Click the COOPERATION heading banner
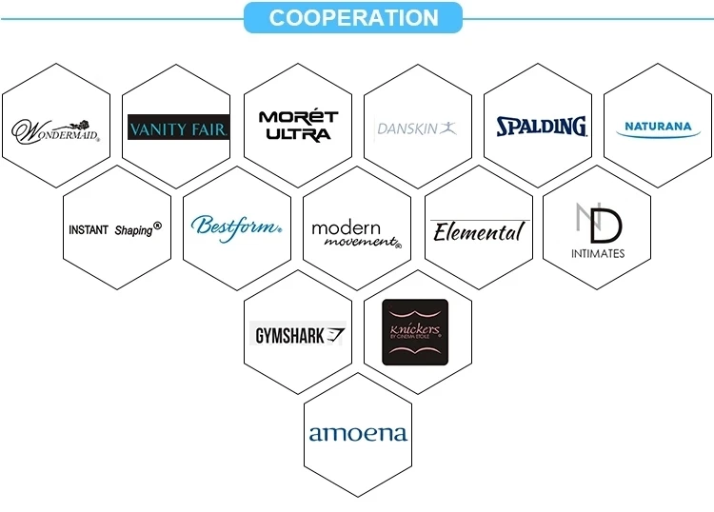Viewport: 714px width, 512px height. (353, 18)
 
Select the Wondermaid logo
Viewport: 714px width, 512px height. (55, 128)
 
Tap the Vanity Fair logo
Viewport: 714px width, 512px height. (178, 128)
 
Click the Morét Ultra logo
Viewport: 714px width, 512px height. (298, 126)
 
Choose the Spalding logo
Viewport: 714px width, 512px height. (541, 126)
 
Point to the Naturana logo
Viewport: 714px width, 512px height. (658, 127)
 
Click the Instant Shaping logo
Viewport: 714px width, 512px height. (115, 229)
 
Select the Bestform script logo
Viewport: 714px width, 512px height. (236, 227)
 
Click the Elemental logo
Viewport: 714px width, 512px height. (478, 231)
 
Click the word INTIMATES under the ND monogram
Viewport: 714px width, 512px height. (598, 253)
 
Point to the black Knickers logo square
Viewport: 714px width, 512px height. (415, 332)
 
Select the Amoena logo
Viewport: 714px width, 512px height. (357, 434)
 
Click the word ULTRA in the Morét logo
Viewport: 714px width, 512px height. (298, 135)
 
